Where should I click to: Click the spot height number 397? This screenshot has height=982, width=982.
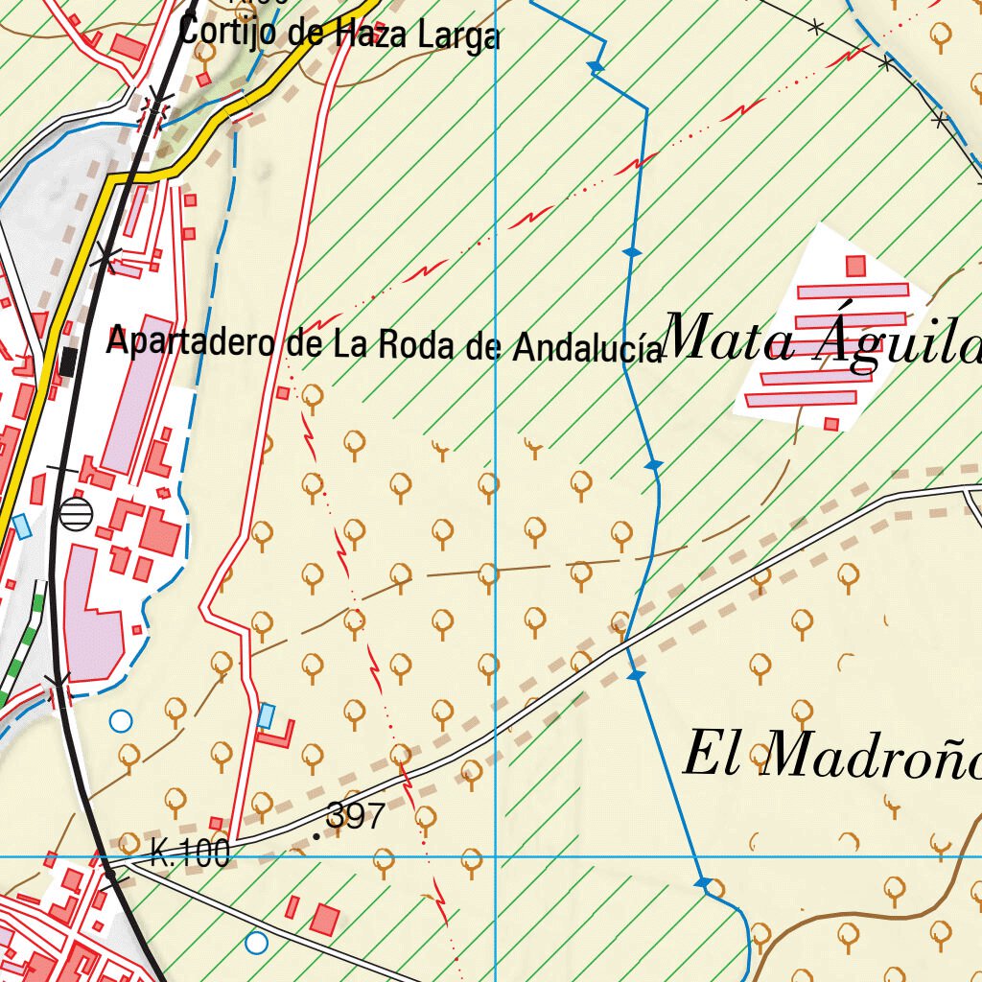[x=355, y=816]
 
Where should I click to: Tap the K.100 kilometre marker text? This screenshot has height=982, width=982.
[x=190, y=853]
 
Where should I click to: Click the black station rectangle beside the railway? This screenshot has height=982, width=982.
[x=68, y=362]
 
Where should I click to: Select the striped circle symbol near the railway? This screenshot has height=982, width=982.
[x=76, y=513]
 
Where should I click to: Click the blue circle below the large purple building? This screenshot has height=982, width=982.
[x=120, y=720]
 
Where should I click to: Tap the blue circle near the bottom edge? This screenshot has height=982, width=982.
[x=256, y=942]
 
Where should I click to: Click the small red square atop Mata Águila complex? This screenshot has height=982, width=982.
[x=855, y=266]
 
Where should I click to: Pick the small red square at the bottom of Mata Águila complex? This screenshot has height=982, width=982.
[x=830, y=423]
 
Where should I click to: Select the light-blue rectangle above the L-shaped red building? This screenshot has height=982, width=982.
[x=267, y=714]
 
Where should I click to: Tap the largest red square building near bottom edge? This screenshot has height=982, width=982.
[x=325, y=919]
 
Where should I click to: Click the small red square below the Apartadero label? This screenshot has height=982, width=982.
[x=283, y=393]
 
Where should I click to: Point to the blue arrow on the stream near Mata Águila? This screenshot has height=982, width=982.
[x=632, y=252]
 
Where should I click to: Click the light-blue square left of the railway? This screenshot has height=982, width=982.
[x=21, y=526]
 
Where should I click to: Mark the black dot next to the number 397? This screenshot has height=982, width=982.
[x=317, y=836]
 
